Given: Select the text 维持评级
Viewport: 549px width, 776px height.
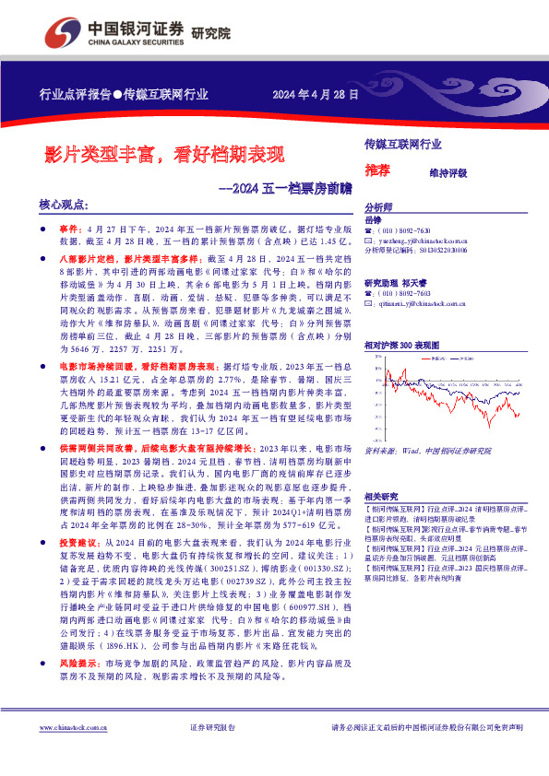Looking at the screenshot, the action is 449,172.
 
